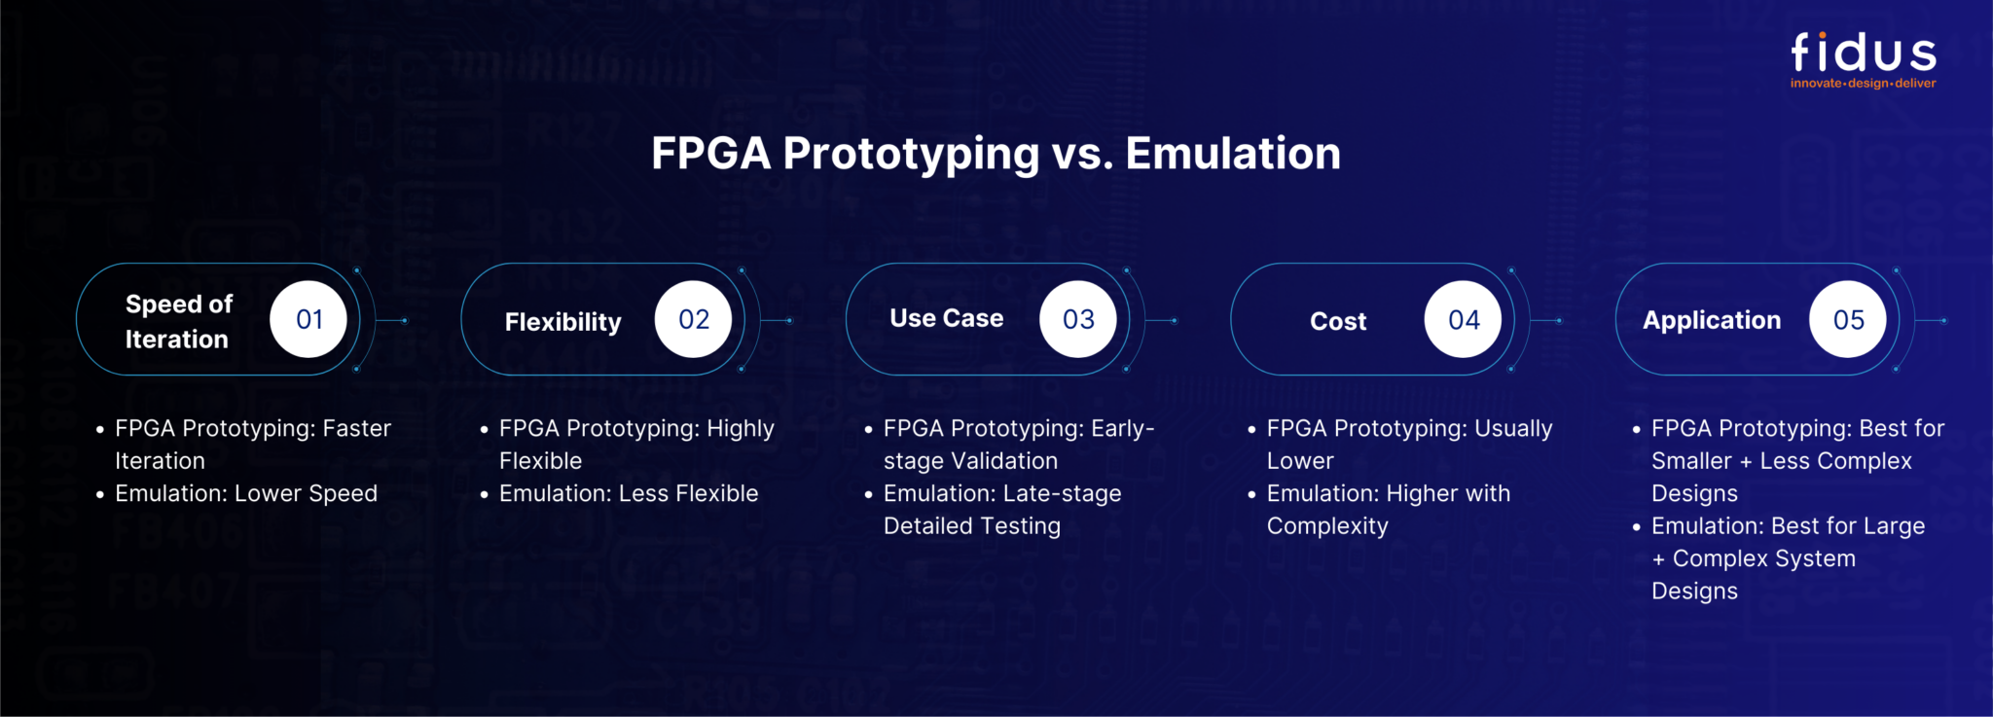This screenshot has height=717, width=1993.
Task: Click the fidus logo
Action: [1863, 53]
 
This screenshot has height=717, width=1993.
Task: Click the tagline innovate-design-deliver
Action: [1863, 84]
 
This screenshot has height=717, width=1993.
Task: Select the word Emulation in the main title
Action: [1232, 154]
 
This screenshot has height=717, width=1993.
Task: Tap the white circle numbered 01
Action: [308, 319]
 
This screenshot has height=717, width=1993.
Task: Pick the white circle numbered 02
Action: [693, 319]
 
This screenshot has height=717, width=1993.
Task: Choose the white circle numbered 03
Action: [1077, 319]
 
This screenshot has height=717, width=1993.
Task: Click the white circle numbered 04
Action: [1463, 319]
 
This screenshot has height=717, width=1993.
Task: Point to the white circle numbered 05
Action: [1847, 319]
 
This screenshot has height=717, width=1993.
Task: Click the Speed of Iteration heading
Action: [178, 321]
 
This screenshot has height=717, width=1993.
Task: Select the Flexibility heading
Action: [562, 322]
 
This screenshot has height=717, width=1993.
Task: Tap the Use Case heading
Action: [946, 318]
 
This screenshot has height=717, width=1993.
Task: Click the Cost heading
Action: [1338, 321]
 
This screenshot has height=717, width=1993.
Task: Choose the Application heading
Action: [1712, 320]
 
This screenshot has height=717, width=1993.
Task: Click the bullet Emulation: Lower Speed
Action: [245, 493]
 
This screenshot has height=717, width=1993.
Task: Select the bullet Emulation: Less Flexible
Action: [628, 493]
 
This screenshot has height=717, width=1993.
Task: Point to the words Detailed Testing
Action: [971, 526]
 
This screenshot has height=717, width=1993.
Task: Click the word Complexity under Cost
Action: [1326, 526]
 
